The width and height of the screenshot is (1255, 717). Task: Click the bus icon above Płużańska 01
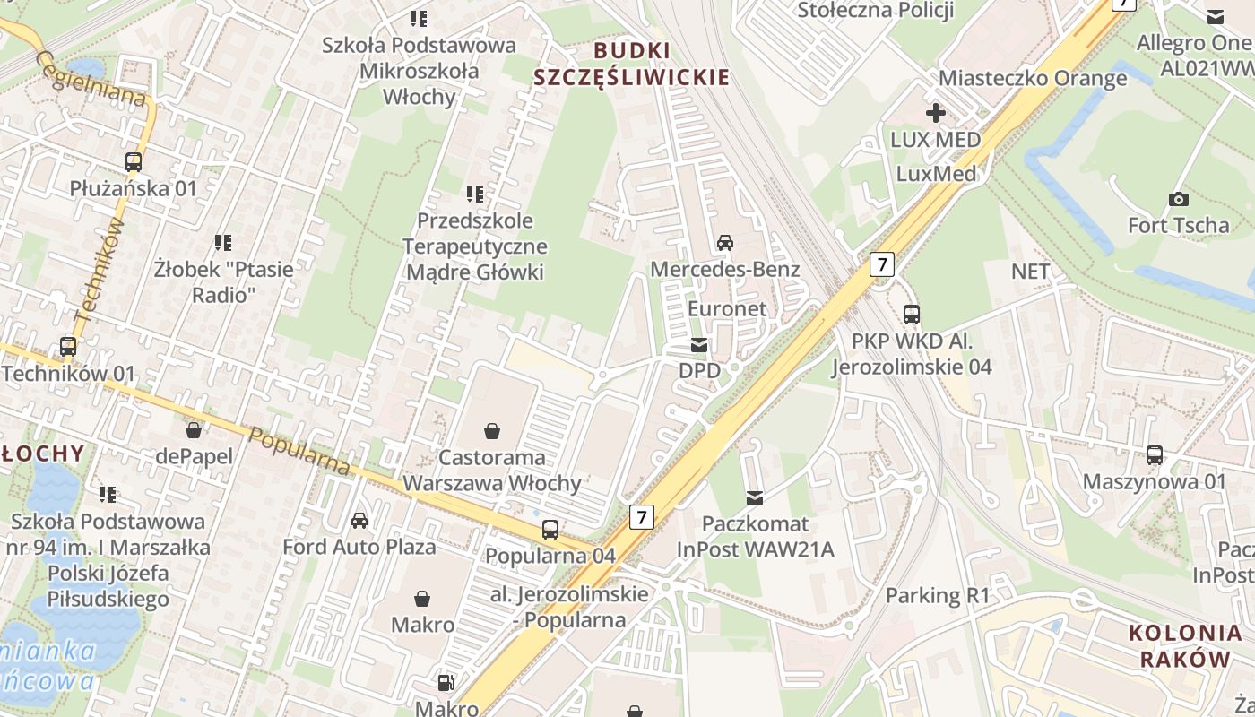tap(134, 162)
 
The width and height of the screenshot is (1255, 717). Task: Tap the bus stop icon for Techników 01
tap(68, 347)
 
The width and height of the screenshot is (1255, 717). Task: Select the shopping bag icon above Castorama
tap(492, 432)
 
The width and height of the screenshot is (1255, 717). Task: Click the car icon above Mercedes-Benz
tap(724, 242)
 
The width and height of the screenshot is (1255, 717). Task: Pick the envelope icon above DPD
tap(699, 345)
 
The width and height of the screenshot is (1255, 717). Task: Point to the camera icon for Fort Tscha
tap(1178, 199)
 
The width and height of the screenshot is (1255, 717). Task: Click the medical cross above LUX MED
tap(935, 113)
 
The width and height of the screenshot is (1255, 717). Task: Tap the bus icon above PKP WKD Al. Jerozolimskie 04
tap(912, 315)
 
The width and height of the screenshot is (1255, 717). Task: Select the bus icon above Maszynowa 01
tap(1155, 455)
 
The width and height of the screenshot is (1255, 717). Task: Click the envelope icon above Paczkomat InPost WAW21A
tap(755, 497)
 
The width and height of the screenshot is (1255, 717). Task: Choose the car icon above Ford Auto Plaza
tap(359, 521)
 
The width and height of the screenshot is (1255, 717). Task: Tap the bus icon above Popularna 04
tap(550, 530)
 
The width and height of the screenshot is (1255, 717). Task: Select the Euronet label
tap(726, 308)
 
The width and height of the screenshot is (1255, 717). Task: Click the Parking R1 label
tap(937, 595)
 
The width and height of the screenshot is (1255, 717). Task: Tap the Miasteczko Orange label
tap(1033, 78)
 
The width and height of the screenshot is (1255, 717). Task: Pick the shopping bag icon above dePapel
tap(194, 431)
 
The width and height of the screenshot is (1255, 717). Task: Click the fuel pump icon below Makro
tap(446, 683)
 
